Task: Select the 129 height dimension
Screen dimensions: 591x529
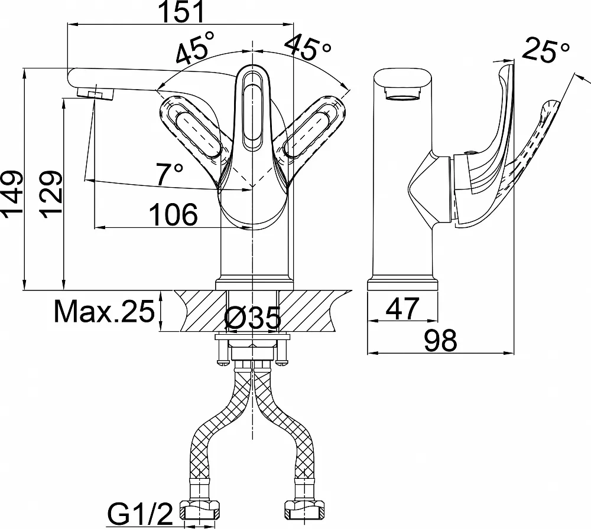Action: click(x=50, y=194)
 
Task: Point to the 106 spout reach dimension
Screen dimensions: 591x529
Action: click(x=173, y=215)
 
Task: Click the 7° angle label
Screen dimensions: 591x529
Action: click(x=170, y=174)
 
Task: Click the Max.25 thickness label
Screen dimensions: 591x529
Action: click(x=105, y=311)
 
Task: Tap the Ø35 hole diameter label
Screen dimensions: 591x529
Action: click(x=252, y=317)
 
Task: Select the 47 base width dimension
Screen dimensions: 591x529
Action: click(x=402, y=308)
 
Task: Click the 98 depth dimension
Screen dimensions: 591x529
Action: click(x=441, y=341)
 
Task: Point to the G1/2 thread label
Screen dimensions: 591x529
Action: click(x=140, y=514)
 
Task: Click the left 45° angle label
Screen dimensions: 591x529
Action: click(x=195, y=47)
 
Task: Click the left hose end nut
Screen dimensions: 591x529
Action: click(x=200, y=510)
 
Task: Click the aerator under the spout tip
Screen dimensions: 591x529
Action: click(x=96, y=93)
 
